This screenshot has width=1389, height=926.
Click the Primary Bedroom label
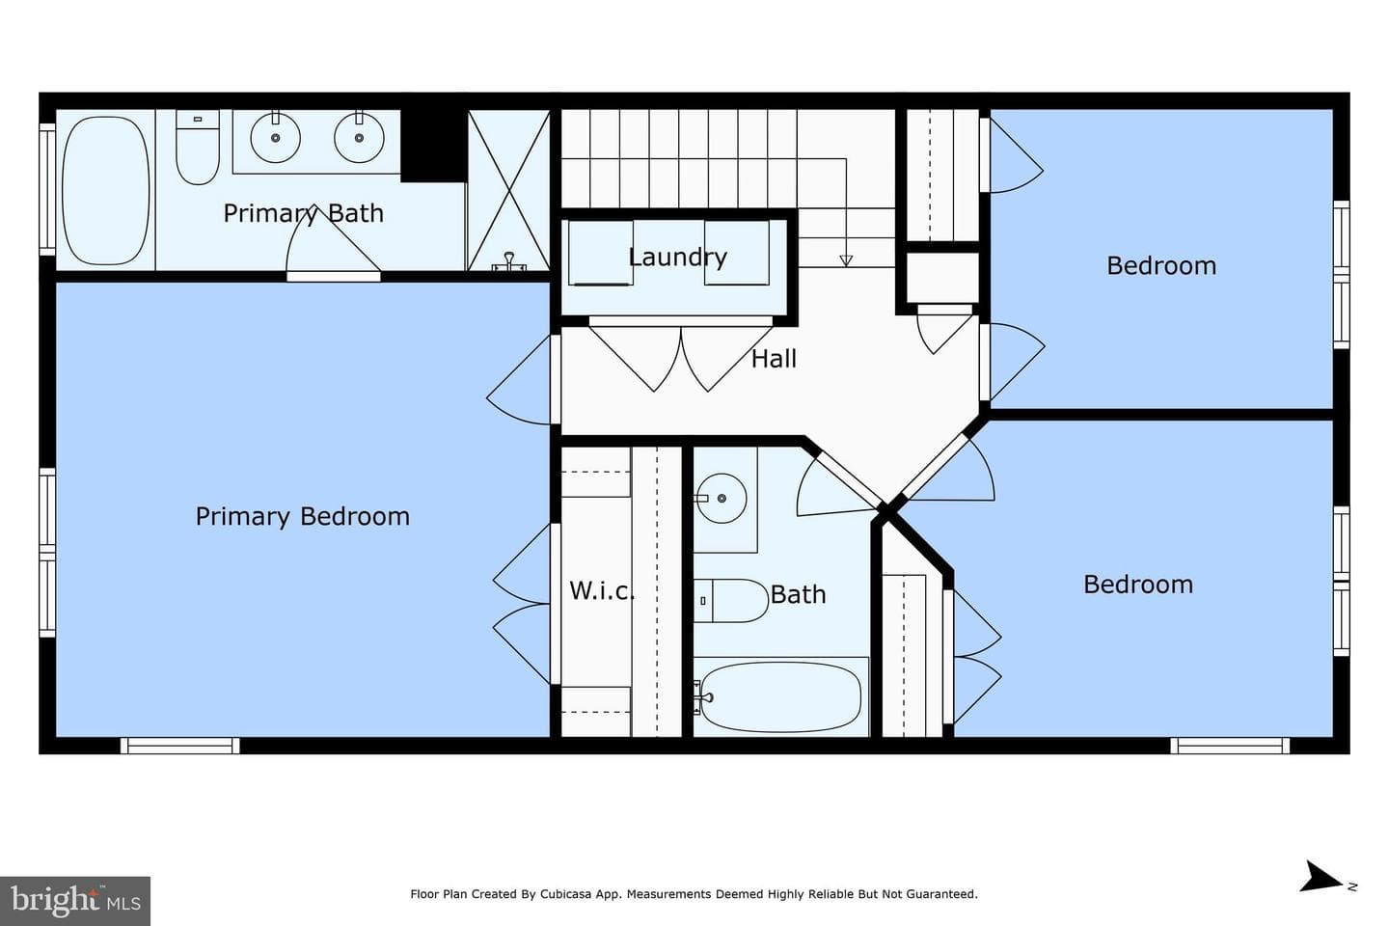pos(303,517)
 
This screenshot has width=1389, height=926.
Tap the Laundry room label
pos(678,257)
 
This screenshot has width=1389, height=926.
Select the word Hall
pos(774,359)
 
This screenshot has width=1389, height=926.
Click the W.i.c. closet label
pos(602,590)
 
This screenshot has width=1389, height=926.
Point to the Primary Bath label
pos(303,213)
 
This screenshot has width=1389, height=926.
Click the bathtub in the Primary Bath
pos(106,191)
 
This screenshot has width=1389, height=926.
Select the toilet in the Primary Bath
pos(198,148)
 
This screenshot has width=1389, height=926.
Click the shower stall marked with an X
pos(509,190)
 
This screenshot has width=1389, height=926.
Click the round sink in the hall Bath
pos(721,498)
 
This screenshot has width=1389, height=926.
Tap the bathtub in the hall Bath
pos(780,697)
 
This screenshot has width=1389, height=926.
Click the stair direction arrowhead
pos(846,260)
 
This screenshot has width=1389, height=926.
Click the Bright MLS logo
pos(75,901)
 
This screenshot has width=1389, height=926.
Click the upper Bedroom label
pos(1161,265)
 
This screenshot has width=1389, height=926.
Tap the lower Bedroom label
pos(1138,585)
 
